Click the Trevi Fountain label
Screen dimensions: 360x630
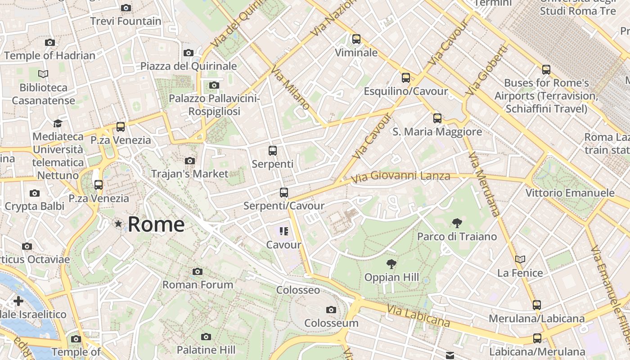[x=126, y=21]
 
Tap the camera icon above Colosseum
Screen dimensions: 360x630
[x=331, y=310]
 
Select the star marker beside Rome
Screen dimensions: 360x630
[x=118, y=224]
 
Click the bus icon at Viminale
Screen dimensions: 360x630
[x=356, y=39]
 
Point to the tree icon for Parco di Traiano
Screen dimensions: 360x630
[x=457, y=223]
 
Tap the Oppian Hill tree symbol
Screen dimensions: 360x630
[x=391, y=264]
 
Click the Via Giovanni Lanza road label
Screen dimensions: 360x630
[x=400, y=176]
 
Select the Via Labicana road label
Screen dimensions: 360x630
[x=418, y=315]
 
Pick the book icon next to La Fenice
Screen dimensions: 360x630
[x=520, y=259]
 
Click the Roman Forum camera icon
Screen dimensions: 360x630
[x=197, y=271]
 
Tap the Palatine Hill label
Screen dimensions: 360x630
[x=206, y=350]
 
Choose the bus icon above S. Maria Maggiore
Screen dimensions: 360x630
[x=437, y=118]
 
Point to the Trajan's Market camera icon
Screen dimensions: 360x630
[x=189, y=161]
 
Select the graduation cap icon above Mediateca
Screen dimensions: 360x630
[x=58, y=123]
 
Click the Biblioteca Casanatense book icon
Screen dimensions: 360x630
[x=43, y=74]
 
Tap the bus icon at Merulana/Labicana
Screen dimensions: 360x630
[x=536, y=305]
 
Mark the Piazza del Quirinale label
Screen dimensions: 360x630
[x=189, y=66]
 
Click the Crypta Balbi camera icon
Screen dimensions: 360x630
[x=34, y=193]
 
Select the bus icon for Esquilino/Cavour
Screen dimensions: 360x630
[x=405, y=78]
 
